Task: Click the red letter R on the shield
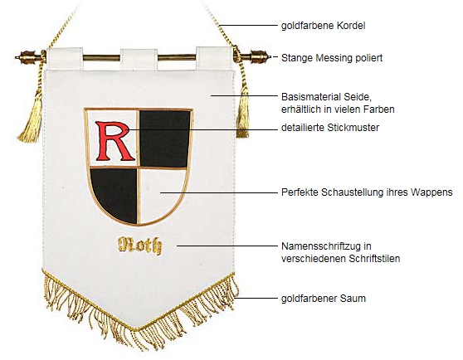pyautogui.click(x=114, y=141)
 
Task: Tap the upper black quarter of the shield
pyautogui.click(x=164, y=139)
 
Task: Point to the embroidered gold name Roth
pyautogui.click(x=139, y=246)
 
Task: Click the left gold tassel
pyautogui.click(x=31, y=118)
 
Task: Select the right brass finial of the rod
pyautogui.click(x=256, y=56)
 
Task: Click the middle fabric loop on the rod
pyautogui.click(x=139, y=58)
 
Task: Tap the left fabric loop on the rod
pyautogui.click(x=65, y=58)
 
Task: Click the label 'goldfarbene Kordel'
pyautogui.click(x=323, y=26)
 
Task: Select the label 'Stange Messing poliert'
pyautogui.click(x=332, y=58)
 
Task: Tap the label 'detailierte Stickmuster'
pyautogui.click(x=330, y=128)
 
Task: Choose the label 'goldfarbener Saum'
pyautogui.click(x=324, y=299)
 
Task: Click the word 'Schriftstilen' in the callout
pyautogui.click(x=374, y=259)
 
